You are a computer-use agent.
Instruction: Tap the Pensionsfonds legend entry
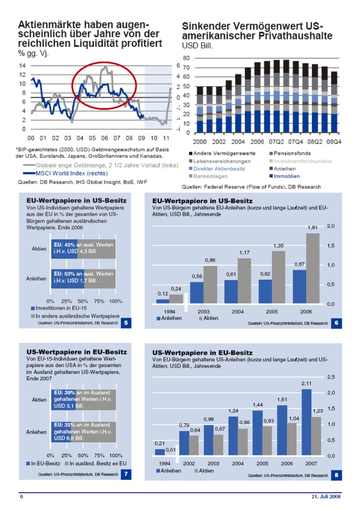click(x=292, y=154)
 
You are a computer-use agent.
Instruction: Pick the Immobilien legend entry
click(x=287, y=176)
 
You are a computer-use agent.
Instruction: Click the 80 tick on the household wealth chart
click(x=186, y=58)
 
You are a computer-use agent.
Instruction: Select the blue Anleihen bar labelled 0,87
click(x=299, y=286)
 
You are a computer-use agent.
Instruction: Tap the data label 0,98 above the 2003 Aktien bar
click(x=210, y=260)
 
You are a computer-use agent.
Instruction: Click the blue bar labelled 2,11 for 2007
click(x=306, y=422)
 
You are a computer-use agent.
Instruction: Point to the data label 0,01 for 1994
click(x=170, y=450)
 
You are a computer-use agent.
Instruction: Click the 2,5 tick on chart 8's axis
click(x=331, y=377)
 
